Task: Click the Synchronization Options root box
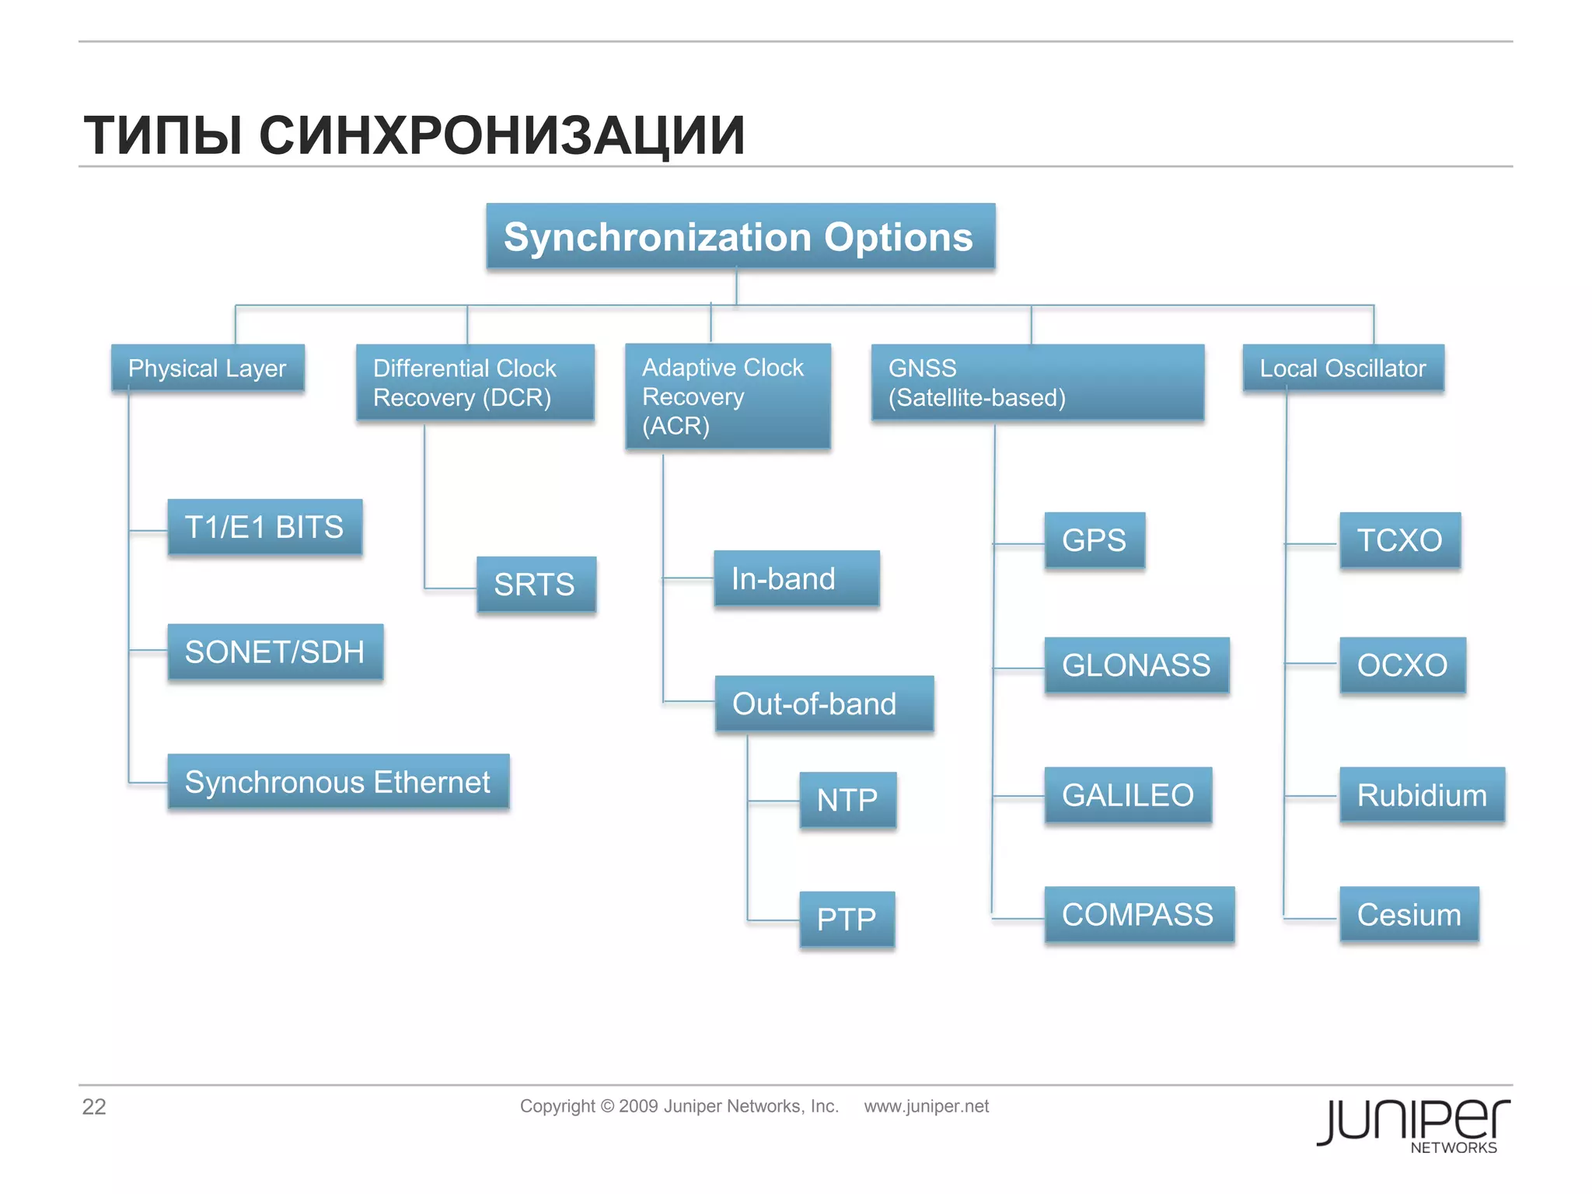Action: click(740, 237)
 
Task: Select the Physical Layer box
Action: click(208, 368)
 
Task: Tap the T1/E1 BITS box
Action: click(264, 527)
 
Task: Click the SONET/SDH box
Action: click(275, 652)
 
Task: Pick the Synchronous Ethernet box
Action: click(338, 782)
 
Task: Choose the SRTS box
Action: click(536, 585)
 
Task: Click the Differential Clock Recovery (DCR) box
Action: click(475, 382)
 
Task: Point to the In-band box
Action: click(796, 579)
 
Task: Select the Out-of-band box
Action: click(823, 704)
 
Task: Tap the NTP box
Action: click(847, 800)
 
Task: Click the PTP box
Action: click(847, 920)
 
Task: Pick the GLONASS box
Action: click(1136, 665)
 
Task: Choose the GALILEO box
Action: click(1128, 795)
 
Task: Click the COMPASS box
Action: click(1139, 915)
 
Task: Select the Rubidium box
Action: click(1422, 795)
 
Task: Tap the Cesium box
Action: click(1409, 915)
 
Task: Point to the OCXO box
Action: click(1402, 665)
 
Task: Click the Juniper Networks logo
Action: click(1413, 1125)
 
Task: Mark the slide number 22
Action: click(94, 1107)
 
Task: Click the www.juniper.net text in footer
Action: click(926, 1106)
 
